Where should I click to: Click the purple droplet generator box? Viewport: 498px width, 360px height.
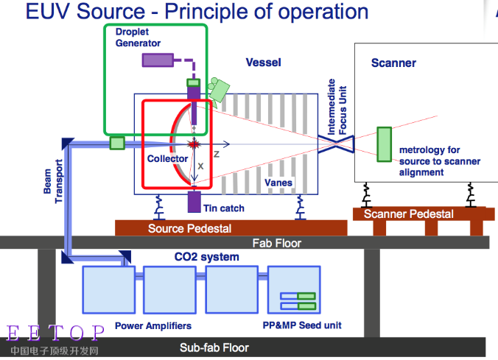pyautogui.click(x=158, y=60)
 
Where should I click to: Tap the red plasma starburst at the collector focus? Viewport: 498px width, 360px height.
pyautogui.click(x=194, y=144)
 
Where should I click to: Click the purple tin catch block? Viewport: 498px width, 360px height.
pyautogui.click(x=194, y=202)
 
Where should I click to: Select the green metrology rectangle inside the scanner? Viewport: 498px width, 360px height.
pyautogui.click(x=384, y=144)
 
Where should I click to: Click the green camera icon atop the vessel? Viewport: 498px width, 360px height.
pyautogui.click(x=218, y=89)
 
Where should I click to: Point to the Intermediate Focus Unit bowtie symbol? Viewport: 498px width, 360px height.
pyautogui.click(x=336, y=144)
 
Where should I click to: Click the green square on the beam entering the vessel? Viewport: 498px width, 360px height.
pyautogui.click(x=117, y=143)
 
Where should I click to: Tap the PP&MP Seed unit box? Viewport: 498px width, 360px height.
pyautogui.click(x=294, y=289)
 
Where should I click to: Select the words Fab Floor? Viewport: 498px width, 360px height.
pyautogui.click(x=277, y=243)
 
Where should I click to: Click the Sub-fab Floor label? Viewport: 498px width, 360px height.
pyautogui.click(x=214, y=347)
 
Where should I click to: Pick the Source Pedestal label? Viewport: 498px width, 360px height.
pyautogui.click(x=189, y=228)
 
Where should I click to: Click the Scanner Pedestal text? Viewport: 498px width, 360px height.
pyautogui.click(x=408, y=214)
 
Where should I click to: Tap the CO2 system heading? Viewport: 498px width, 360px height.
pyautogui.click(x=206, y=257)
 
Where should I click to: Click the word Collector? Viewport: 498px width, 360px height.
pyautogui.click(x=167, y=158)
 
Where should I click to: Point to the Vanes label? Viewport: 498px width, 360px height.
pyautogui.click(x=278, y=183)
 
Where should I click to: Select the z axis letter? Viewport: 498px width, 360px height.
pyautogui.click(x=217, y=154)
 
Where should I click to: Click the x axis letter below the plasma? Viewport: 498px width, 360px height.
pyautogui.click(x=200, y=166)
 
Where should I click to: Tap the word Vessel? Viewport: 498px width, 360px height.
pyautogui.click(x=263, y=63)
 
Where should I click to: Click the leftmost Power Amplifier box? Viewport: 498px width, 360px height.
pyautogui.click(x=108, y=289)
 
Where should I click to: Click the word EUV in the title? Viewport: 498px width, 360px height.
pyautogui.click(x=48, y=12)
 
